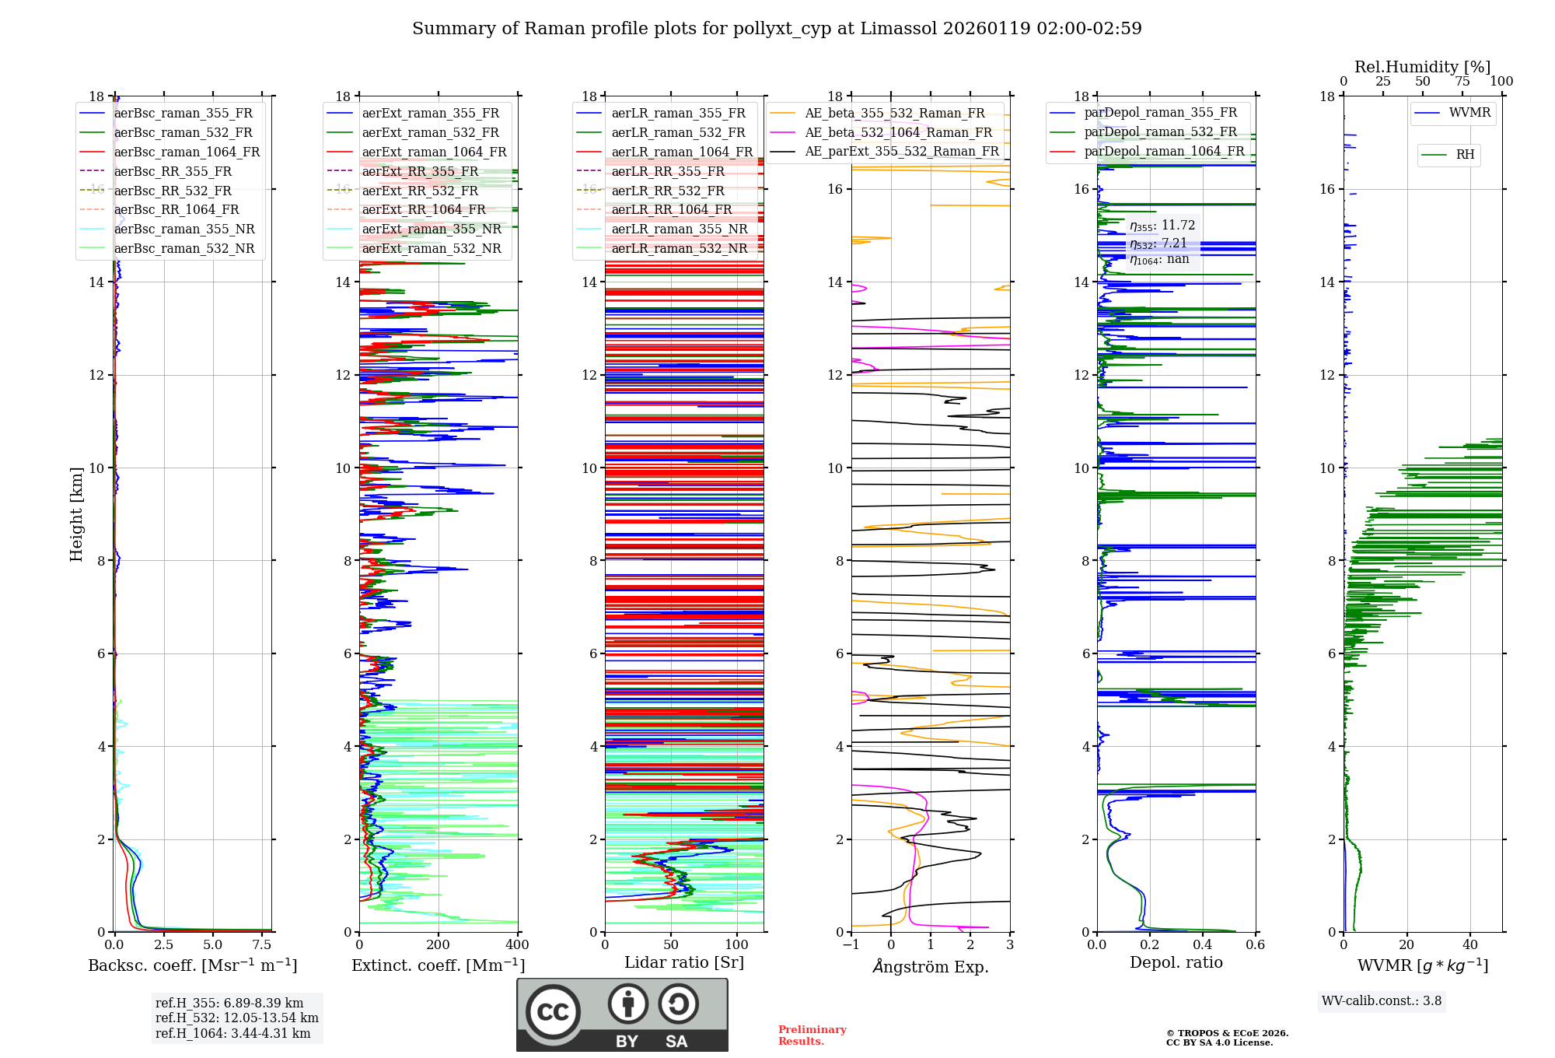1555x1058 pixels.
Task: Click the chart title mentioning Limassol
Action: (x=777, y=29)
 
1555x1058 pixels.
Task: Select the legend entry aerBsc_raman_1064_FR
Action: (x=187, y=152)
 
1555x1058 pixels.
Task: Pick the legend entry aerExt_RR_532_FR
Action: (x=420, y=191)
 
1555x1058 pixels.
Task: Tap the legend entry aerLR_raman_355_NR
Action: (x=679, y=229)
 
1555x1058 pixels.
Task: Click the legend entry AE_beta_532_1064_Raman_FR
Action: (x=898, y=132)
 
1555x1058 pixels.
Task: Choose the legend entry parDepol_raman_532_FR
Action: (x=1160, y=131)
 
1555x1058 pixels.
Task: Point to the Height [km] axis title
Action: (x=76, y=513)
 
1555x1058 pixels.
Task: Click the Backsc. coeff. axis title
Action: (x=192, y=965)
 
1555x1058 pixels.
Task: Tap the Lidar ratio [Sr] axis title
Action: (x=683, y=962)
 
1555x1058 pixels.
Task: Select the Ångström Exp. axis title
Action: (x=930, y=966)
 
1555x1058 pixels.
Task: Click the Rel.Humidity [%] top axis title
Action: (x=1422, y=67)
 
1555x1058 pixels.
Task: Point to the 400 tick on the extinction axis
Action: (x=517, y=945)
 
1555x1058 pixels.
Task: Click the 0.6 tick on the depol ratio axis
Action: (x=1255, y=945)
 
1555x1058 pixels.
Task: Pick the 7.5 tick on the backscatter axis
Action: (x=262, y=945)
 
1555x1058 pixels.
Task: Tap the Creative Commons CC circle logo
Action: (x=553, y=1011)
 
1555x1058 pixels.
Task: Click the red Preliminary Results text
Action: (x=812, y=1035)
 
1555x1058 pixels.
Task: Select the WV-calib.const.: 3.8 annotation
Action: (x=1381, y=1001)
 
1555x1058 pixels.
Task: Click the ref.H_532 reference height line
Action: (x=236, y=1018)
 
